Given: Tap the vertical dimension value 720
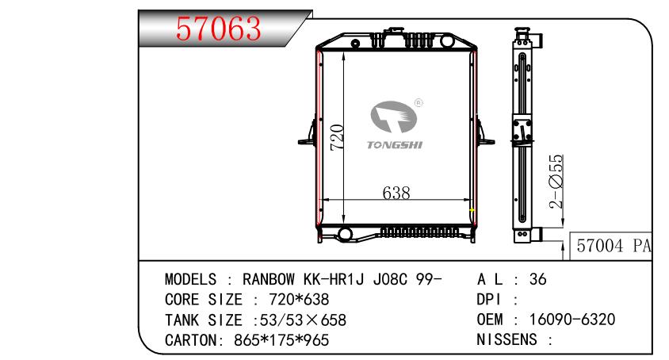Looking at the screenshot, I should coord(336,138).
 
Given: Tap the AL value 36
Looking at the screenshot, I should coord(537,279).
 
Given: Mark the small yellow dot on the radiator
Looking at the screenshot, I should coord(472,211).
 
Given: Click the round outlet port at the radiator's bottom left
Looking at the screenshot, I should coord(345,234).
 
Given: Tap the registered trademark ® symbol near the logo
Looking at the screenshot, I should coord(419,102).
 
